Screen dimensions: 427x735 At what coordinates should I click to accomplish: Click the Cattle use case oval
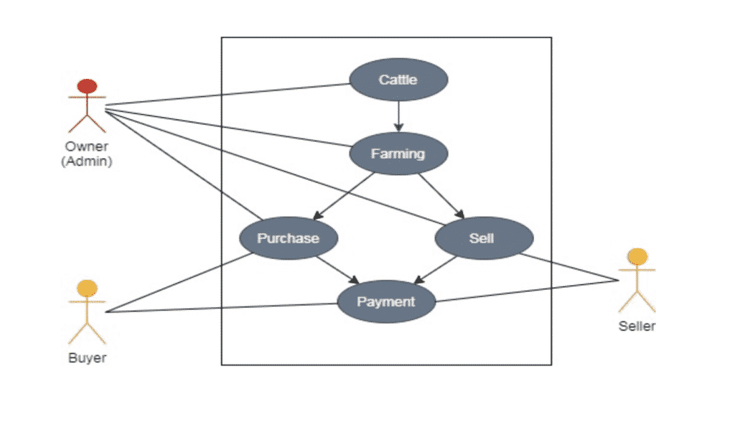pyautogui.click(x=398, y=80)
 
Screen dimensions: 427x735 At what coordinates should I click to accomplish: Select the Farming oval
pyautogui.click(x=398, y=154)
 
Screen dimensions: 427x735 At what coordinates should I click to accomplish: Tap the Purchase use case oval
pyautogui.click(x=288, y=238)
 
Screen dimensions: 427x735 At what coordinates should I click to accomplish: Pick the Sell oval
pyautogui.click(x=483, y=238)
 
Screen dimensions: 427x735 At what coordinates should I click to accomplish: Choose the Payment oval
pyautogui.click(x=386, y=301)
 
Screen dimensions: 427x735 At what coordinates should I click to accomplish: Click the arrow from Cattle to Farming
pyautogui.click(x=398, y=115)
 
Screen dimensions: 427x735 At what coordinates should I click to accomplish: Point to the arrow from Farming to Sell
pyautogui.click(x=441, y=195)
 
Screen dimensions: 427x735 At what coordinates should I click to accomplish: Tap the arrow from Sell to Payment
pyautogui.click(x=436, y=268)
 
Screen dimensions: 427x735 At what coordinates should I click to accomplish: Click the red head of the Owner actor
pyautogui.click(x=87, y=87)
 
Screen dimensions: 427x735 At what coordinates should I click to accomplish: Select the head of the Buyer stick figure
pyautogui.click(x=87, y=288)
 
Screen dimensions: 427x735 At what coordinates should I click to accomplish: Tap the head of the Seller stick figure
pyautogui.click(x=637, y=257)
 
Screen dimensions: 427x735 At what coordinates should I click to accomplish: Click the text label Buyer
pyautogui.click(x=87, y=358)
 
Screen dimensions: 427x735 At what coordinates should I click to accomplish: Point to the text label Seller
pyautogui.click(x=637, y=327)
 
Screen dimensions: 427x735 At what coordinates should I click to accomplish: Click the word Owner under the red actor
pyautogui.click(x=87, y=148)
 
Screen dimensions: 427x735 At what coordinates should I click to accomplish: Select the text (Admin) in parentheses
pyautogui.click(x=87, y=161)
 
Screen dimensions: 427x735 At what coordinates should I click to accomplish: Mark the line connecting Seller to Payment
pyautogui.click(x=528, y=291)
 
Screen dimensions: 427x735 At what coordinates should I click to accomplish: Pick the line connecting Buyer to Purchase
pyautogui.click(x=179, y=281)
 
